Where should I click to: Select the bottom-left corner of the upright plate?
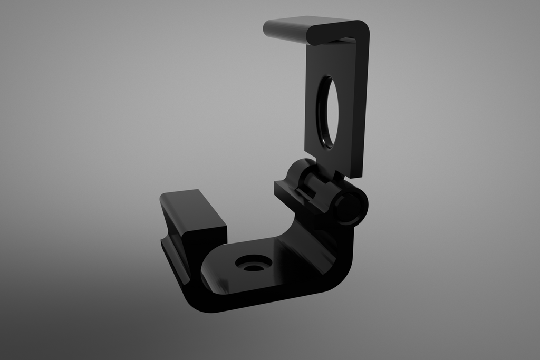pyautogui.click(x=306, y=149)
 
